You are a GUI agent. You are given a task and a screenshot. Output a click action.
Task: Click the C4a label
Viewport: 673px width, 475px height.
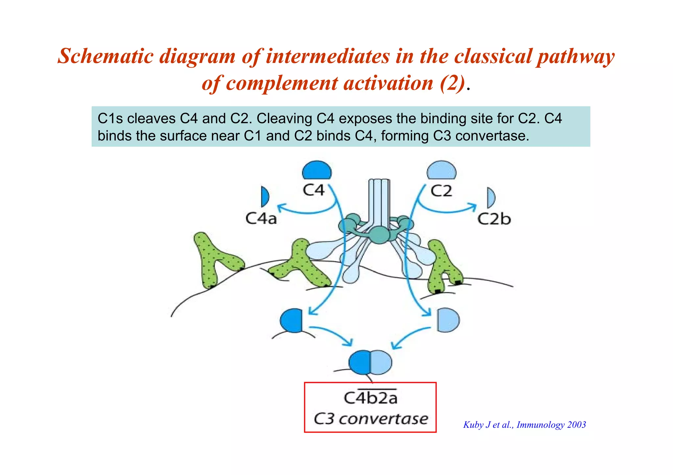(x=261, y=218)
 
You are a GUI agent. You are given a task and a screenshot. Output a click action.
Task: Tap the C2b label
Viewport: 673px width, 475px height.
(x=494, y=219)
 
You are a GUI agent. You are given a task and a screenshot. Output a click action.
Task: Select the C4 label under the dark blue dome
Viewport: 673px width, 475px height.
(x=313, y=190)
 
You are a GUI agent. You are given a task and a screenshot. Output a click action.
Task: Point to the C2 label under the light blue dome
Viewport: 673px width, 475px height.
(x=441, y=191)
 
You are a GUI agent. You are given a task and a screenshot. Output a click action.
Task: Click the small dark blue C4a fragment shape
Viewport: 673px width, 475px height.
(x=265, y=197)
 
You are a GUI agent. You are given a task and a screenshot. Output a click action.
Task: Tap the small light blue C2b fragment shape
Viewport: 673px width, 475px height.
(x=491, y=198)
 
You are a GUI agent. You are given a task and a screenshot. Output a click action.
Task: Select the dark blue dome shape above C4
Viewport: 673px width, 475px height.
(x=316, y=170)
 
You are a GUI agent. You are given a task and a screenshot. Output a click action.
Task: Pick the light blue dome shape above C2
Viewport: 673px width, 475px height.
(x=441, y=170)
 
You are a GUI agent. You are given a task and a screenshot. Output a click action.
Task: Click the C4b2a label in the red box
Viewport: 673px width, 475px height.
(x=370, y=398)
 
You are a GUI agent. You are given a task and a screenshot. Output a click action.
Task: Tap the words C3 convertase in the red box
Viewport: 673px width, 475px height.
(x=371, y=419)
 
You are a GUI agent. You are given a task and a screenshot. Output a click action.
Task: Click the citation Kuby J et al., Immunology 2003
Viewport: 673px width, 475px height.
(x=524, y=425)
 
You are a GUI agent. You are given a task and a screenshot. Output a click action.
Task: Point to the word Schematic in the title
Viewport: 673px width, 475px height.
(x=105, y=56)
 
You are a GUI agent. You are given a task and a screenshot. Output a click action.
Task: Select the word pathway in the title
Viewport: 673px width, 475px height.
(x=575, y=57)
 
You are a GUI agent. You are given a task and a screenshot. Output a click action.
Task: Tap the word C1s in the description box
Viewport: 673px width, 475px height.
(x=110, y=119)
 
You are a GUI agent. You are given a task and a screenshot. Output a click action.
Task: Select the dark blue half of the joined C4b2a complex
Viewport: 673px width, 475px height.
(x=360, y=362)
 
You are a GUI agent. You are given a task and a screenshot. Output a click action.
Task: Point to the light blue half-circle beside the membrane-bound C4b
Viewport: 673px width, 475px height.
(x=448, y=320)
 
